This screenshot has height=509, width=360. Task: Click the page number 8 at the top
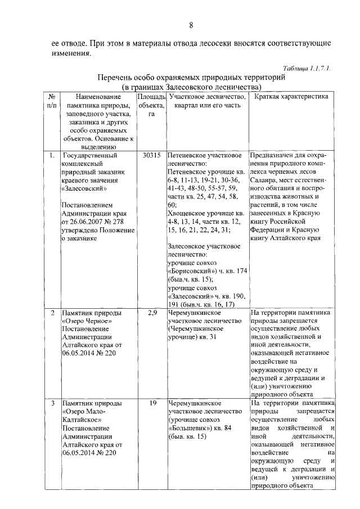click(x=191, y=25)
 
